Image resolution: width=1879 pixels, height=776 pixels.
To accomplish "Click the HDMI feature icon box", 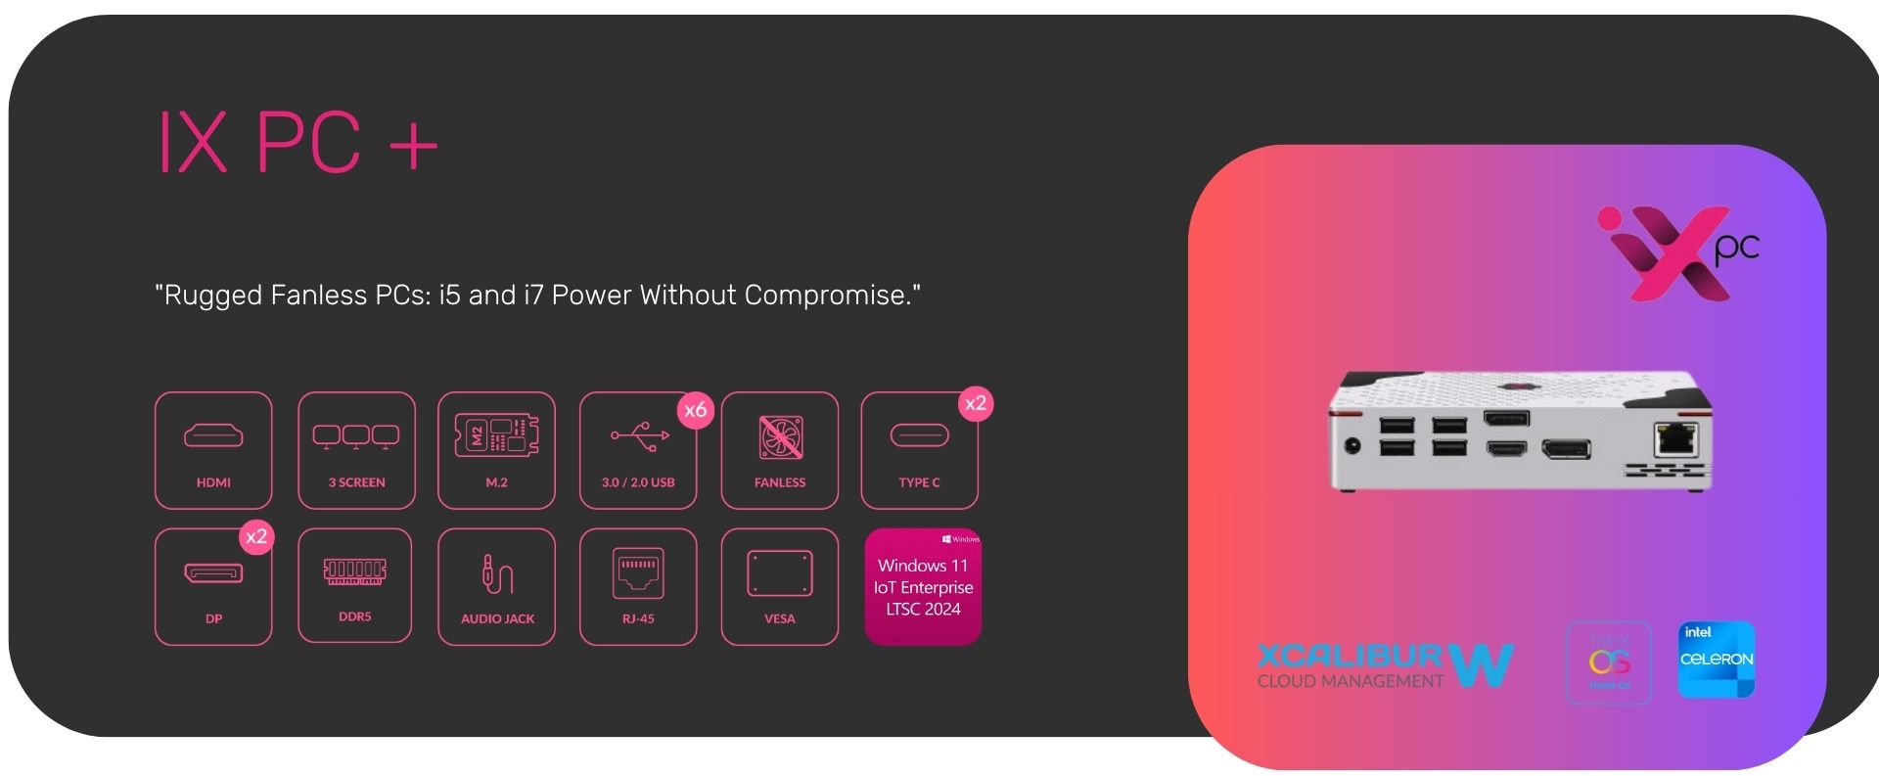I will click(213, 450).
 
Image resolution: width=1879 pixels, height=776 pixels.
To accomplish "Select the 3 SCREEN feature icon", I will click(356, 450).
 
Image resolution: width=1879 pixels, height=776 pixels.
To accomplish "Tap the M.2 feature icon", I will click(496, 450).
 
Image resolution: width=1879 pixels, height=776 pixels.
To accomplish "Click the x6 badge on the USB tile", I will click(696, 410).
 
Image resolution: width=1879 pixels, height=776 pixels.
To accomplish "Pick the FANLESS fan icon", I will click(780, 437).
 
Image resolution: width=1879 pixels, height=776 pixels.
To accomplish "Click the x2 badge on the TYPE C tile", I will click(976, 403).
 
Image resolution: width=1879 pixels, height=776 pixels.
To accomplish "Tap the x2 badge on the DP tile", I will click(256, 536).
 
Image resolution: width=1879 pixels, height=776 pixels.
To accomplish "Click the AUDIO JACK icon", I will click(497, 574).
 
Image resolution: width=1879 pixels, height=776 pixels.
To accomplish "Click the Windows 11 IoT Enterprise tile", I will click(923, 587).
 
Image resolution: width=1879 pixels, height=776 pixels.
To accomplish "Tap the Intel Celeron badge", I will click(1717, 660).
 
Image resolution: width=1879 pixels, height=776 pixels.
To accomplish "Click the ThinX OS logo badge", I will click(1609, 662).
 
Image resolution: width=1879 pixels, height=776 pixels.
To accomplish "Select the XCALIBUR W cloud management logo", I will click(1385, 665).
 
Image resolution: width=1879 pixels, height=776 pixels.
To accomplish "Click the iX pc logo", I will click(1677, 252).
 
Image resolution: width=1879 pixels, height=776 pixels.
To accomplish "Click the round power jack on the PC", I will click(1352, 445).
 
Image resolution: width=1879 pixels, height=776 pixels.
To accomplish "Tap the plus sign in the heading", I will click(413, 146).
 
